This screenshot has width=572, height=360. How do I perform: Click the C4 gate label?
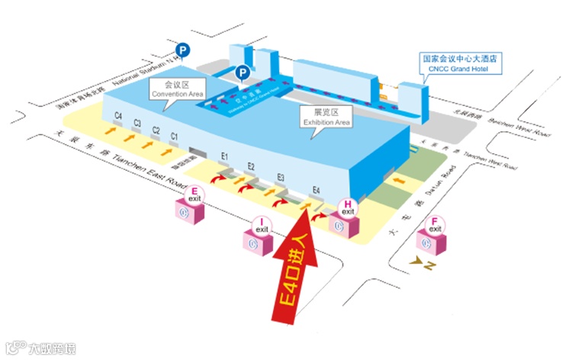118,115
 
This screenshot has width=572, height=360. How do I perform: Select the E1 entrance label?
225,156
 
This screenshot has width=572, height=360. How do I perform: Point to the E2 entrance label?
251,166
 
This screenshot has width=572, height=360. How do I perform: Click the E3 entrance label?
281,177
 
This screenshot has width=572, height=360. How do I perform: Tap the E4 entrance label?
316,190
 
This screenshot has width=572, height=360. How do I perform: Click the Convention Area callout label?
178,89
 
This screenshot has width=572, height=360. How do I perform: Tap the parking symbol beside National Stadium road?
183,50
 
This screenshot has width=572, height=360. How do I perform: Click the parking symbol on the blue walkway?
242,73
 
